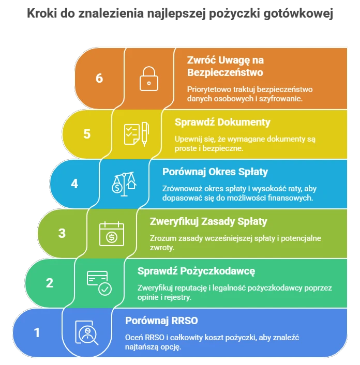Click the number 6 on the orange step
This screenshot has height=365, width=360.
(99, 78)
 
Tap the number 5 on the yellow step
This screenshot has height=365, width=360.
(87, 134)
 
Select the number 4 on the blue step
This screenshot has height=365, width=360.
(74, 184)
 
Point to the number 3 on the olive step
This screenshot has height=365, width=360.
(62, 233)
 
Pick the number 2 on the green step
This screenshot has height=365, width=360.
(50, 283)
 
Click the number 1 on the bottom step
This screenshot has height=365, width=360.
(37, 332)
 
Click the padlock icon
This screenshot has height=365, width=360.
(149, 79)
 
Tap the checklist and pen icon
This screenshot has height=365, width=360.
(137, 134)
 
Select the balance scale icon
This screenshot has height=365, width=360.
(124, 184)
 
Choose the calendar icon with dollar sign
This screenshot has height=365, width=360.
(112, 234)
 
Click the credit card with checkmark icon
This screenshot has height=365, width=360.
(99, 283)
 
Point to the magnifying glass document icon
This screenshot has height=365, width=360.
(86, 332)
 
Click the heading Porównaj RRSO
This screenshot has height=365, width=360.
(161, 321)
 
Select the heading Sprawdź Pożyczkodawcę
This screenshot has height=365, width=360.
(196, 271)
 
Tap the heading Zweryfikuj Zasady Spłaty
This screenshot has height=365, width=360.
(208, 221)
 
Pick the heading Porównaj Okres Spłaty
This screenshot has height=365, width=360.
(215, 172)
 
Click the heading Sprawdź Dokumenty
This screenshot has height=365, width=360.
(222, 122)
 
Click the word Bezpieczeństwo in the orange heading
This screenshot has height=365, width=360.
(225, 72)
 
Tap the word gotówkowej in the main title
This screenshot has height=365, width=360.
(298, 13)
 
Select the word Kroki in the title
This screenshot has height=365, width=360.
(42, 13)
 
